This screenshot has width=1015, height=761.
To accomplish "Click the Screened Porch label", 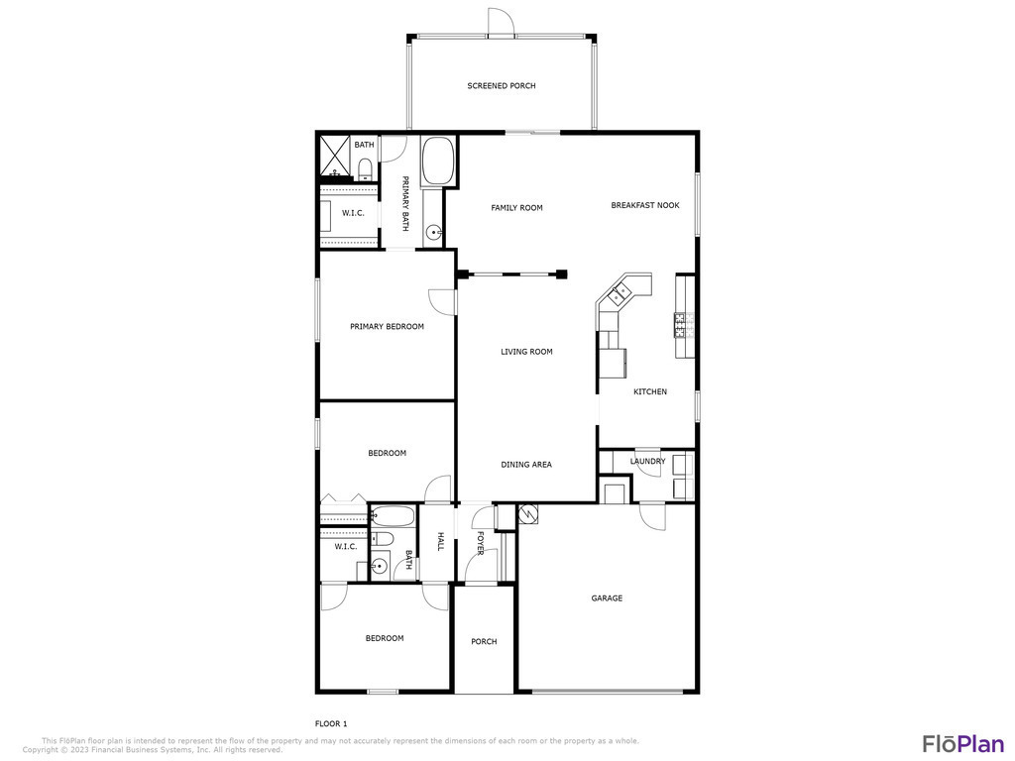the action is pyautogui.click(x=501, y=85).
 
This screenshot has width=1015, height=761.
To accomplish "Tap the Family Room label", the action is pyautogui.click(x=516, y=208).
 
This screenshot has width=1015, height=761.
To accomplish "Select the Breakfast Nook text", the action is pyautogui.click(x=644, y=205).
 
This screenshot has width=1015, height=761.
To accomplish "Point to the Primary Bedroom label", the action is pyautogui.click(x=387, y=327).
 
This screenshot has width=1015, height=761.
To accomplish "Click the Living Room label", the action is pyautogui.click(x=526, y=352).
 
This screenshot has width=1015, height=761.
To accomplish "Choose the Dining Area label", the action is pyautogui.click(x=525, y=465).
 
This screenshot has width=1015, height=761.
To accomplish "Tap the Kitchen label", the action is pyautogui.click(x=650, y=391).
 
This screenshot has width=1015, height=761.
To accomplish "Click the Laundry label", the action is pyautogui.click(x=647, y=462).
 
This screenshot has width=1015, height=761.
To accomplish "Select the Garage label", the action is pyautogui.click(x=607, y=598).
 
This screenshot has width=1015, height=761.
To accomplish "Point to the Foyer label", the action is pyautogui.click(x=480, y=543).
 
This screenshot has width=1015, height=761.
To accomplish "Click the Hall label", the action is pyautogui.click(x=440, y=542).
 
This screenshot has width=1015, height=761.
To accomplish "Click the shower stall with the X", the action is pyautogui.click(x=335, y=156).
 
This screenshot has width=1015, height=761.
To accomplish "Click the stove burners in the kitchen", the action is pyautogui.click(x=684, y=325).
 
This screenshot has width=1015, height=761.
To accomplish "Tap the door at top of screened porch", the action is pyautogui.click(x=500, y=21).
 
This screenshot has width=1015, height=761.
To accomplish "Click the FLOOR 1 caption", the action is pyautogui.click(x=331, y=724).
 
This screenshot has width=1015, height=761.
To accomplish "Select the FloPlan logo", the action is pyautogui.click(x=962, y=743).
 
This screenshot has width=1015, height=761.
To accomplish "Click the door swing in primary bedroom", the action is pyautogui.click(x=441, y=301).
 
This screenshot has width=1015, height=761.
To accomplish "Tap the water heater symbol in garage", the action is pyautogui.click(x=528, y=514).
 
